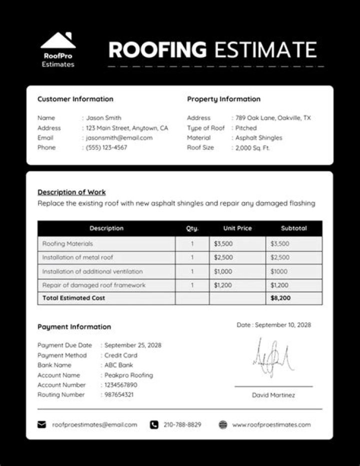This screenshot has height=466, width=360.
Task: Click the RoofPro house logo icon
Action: point(58,41)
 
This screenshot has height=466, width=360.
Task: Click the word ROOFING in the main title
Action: point(157,50)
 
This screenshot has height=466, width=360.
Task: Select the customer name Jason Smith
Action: point(103,118)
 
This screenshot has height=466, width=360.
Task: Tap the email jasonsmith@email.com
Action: point(119,138)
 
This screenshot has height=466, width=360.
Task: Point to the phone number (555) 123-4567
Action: point(106,148)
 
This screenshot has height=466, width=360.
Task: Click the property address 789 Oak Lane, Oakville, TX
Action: point(273,118)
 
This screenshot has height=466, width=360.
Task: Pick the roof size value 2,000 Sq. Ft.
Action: point(252,148)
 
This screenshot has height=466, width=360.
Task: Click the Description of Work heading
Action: point(71,192)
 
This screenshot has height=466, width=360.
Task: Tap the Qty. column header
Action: point(192,228)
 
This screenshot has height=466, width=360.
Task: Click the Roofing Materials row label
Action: point(67,244)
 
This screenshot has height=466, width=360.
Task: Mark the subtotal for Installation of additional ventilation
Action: point(279,271)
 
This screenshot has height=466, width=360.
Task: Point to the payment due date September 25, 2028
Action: point(133,345)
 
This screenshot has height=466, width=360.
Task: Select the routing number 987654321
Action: point(119,395)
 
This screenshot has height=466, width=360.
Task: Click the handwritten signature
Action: point(272,358)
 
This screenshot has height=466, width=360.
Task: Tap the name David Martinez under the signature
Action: point(273,395)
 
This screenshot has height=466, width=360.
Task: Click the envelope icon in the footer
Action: point(41,424)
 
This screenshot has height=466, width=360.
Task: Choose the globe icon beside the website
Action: point(223,424)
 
